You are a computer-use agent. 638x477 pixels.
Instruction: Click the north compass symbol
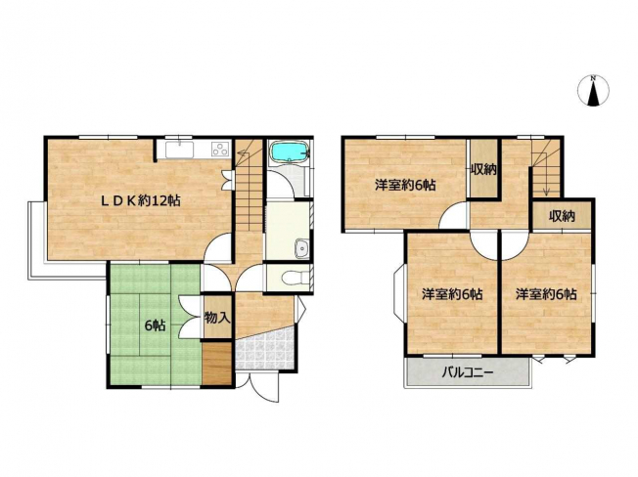(593, 91)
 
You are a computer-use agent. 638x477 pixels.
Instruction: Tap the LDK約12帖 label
(140, 200)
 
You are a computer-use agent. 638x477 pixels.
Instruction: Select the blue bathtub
(290, 152)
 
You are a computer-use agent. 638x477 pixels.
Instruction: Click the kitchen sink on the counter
(179, 150)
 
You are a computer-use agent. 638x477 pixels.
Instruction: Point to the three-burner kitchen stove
(221, 149)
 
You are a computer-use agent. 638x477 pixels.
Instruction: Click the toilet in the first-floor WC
(294, 279)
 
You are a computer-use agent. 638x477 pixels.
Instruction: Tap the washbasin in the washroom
(301, 248)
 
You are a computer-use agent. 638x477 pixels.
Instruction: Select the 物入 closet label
(217, 318)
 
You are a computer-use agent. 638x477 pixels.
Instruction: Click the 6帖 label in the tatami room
(155, 325)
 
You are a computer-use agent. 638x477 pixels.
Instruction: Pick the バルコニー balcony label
(468, 371)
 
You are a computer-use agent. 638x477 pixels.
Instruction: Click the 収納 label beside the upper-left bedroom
(483, 169)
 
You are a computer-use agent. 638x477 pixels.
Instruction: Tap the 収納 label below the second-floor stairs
(562, 217)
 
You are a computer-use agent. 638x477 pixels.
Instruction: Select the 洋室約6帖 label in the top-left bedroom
(405, 186)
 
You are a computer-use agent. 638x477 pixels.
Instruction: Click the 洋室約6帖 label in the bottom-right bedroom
(546, 294)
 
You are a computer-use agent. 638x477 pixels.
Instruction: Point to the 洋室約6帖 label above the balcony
(452, 294)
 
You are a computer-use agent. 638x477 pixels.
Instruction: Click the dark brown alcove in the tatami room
(217, 364)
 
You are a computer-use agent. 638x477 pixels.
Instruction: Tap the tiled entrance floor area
(265, 350)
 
